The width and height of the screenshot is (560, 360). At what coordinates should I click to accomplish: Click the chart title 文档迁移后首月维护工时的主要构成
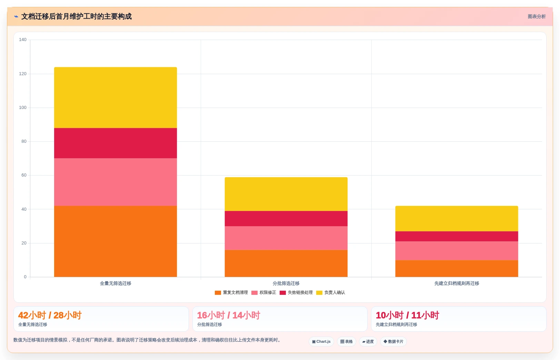pos(76,17)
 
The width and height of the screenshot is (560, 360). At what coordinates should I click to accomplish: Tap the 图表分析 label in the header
pos(537,17)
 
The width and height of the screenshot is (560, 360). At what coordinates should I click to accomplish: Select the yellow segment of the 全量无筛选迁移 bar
pos(116,98)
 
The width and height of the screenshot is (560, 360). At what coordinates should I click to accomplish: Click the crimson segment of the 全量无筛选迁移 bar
pos(116,143)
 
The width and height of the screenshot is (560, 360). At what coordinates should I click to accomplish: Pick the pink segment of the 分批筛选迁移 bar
pos(286,238)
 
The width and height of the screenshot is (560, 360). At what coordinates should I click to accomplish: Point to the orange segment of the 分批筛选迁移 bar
pos(286,263)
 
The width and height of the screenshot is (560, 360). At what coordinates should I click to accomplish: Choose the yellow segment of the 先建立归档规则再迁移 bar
pos(457,219)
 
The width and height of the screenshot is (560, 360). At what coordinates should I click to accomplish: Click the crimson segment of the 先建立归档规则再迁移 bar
pos(457,237)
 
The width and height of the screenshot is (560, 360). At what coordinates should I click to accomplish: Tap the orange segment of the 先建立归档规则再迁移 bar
pos(457,269)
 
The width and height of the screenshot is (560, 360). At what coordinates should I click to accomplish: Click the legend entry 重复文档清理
pos(231,292)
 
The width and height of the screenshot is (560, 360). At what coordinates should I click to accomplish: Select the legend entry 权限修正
pos(264,292)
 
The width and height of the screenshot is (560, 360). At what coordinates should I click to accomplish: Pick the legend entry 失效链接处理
pos(296,292)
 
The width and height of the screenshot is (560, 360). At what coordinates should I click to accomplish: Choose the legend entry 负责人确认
pos(330,292)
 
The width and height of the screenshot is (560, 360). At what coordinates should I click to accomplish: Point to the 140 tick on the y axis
pos(22,40)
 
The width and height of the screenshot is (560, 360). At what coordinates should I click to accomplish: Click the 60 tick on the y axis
pos(24,175)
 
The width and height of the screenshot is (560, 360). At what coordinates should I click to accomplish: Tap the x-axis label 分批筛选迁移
pos(286,283)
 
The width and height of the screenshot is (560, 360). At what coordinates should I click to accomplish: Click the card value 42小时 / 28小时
pos(50,315)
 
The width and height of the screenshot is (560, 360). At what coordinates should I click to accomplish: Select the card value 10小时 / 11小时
pos(407,315)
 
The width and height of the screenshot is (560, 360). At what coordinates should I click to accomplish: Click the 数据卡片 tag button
pos(393,341)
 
